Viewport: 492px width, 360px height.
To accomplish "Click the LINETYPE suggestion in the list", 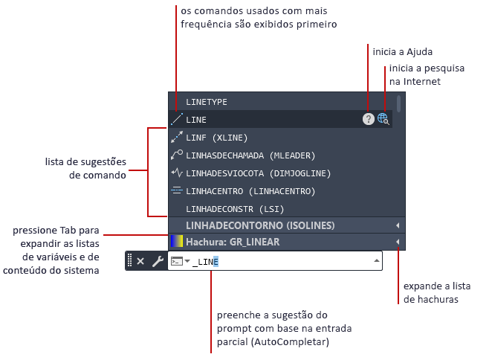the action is (x=207, y=102).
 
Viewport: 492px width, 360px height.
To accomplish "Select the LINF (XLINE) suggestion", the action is (x=216, y=138).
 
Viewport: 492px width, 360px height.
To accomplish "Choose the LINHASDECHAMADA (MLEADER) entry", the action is (x=250, y=155).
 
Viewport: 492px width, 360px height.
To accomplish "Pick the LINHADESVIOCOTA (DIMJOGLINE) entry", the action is (x=258, y=173).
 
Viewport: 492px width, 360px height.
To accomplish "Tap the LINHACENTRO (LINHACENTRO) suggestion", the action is (x=250, y=191).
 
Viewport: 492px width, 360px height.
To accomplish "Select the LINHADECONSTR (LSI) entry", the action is (x=235, y=209).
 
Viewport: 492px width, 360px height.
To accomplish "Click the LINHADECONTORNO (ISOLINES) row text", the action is (x=260, y=225).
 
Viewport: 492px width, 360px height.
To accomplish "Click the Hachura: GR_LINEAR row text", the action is (x=233, y=242).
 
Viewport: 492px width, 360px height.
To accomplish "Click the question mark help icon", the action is (x=369, y=119).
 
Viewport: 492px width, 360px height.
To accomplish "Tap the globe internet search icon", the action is (x=383, y=119).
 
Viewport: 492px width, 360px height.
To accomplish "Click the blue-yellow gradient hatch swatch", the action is (x=177, y=242).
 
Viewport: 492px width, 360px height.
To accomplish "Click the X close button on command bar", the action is (x=140, y=261).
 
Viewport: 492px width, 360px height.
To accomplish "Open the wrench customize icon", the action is (x=158, y=261).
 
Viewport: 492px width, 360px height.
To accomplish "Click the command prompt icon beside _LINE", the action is (x=177, y=261).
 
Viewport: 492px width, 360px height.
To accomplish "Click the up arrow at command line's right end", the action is (x=377, y=261).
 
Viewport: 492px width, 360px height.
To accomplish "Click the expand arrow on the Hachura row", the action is (x=398, y=242).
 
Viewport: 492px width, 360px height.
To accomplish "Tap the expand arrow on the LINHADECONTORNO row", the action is (x=398, y=225).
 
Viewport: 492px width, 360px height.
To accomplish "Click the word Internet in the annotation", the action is (x=422, y=82).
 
